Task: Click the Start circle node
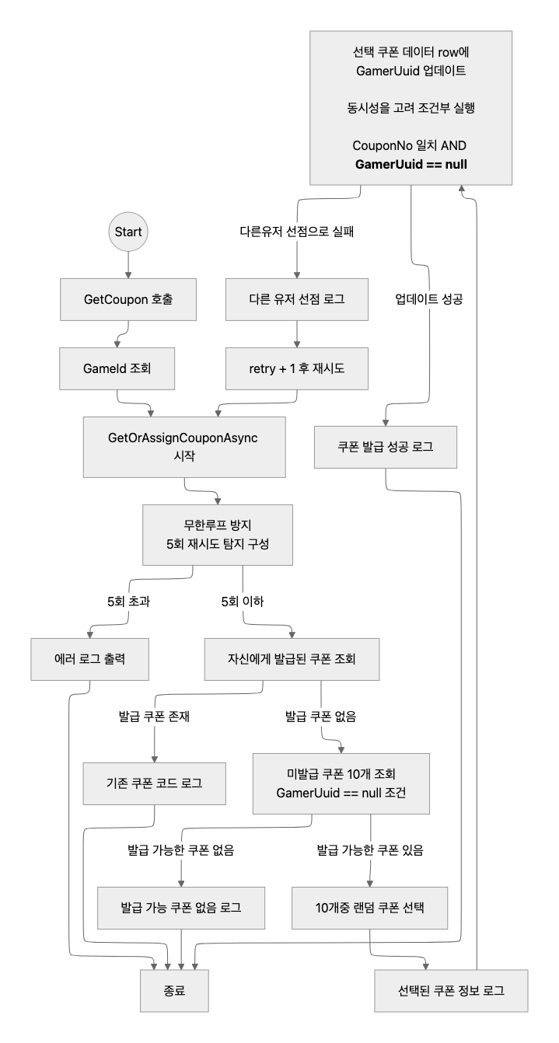128,232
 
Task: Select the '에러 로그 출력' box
92,658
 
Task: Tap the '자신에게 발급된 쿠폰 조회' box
291,658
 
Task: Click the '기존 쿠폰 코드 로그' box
155,783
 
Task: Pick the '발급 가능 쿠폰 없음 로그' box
181,906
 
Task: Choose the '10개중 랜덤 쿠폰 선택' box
370,906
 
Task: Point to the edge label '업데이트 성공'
429,299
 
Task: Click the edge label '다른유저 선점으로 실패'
296,232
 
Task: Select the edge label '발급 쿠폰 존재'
155,717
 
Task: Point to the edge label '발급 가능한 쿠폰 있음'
369,849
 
